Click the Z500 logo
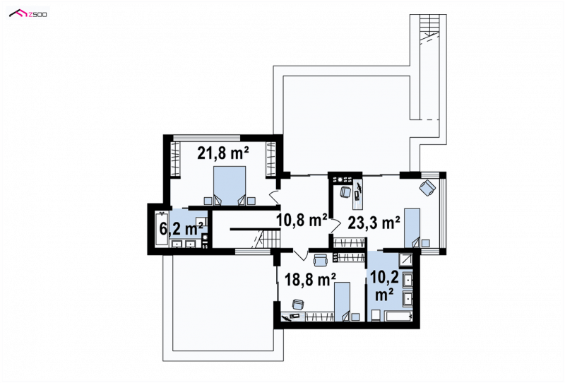(28, 13)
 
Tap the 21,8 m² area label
(223, 153)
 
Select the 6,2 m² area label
(182, 228)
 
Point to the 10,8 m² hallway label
(302, 220)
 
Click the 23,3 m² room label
(374, 222)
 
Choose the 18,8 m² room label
(310, 279)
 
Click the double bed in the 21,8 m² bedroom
(230, 186)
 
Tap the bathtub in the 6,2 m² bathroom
(162, 230)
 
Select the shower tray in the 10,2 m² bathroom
(407, 259)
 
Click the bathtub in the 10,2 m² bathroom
(399, 317)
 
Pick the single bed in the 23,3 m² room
(412, 228)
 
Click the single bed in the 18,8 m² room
(343, 302)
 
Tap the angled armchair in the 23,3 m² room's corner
(427, 188)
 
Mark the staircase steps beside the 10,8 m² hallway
(268, 239)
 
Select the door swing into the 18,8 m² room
(299, 254)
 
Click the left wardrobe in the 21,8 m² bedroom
(175, 159)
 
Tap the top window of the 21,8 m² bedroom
(206, 137)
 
